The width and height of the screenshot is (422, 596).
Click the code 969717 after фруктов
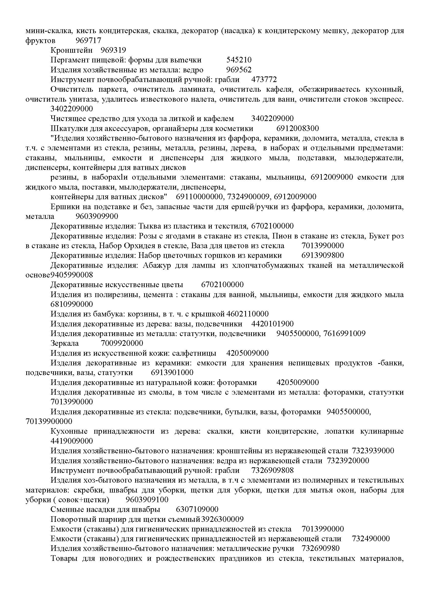pyautogui.click(x=88, y=41)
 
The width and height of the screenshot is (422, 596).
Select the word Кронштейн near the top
pyautogui.click(x=71, y=50)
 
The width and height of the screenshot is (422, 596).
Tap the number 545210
pyautogui.click(x=239, y=60)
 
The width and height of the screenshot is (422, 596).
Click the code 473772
pyautogui.click(x=264, y=80)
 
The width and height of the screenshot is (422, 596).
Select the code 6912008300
pyautogui.click(x=297, y=128)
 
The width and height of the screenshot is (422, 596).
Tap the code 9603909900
pyautogui.click(x=97, y=216)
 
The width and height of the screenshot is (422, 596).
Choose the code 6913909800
pyautogui.click(x=323, y=255)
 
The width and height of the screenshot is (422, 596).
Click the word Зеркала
pyautogui.click(x=65, y=343)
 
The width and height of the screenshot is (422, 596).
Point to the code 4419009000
pyautogui.click(x=72, y=441)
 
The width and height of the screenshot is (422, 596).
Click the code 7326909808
pyautogui.click(x=272, y=470)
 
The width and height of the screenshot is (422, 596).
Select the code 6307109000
pyautogui.click(x=197, y=510)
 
